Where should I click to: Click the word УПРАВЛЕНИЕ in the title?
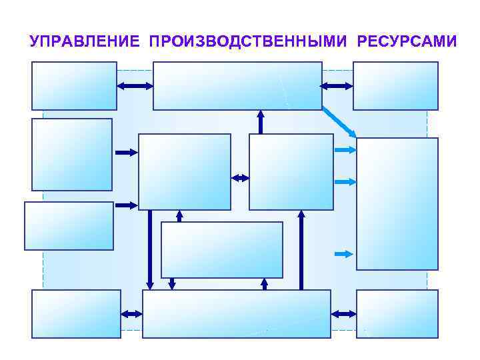85,41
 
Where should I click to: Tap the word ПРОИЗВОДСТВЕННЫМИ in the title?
248,41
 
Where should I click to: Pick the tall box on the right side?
397,203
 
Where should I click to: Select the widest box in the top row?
237,86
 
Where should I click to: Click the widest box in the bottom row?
237,313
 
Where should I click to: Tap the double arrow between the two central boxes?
240,178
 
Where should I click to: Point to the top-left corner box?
74,86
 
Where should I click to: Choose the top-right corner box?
395,86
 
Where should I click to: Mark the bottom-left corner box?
76,313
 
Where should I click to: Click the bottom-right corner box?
397,313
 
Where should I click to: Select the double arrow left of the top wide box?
135,86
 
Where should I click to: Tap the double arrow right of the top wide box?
337,86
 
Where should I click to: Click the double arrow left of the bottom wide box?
132,313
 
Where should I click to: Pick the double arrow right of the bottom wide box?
343,313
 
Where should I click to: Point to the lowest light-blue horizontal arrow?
343,253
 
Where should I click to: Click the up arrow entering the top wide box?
261,121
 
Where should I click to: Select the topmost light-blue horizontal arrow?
345,151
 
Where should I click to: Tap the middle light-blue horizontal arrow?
345,181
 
